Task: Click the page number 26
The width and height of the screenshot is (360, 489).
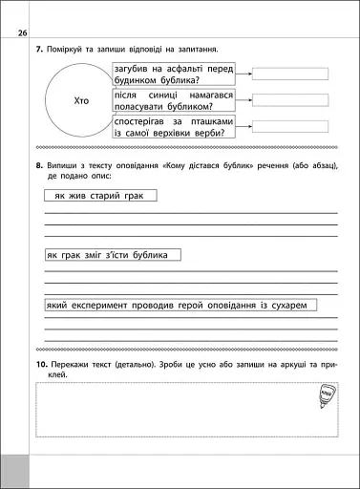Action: click(x=23, y=35)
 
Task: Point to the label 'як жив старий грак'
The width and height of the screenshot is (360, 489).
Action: click(x=100, y=195)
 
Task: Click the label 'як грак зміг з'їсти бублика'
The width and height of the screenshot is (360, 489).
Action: click(x=112, y=255)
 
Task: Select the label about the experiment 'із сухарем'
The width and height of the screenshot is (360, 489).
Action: click(x=180, y=305)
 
